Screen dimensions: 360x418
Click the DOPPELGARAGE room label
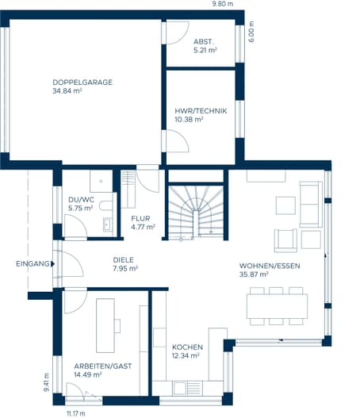(82, 82)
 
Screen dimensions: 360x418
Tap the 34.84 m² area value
(67, 90)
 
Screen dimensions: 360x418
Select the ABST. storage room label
(204, 41)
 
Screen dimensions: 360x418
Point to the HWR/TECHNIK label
(201, 111)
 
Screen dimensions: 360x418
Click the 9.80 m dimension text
(223, 4)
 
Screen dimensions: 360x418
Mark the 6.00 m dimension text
(251, 32)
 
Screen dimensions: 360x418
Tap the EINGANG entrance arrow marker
(53, 264)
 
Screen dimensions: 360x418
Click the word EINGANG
(33, 264)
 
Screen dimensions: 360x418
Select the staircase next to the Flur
(196, 212)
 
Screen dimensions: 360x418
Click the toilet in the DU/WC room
(106, 205)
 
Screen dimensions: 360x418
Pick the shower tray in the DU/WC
(101, 181)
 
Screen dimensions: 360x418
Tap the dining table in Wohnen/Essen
(277, 306)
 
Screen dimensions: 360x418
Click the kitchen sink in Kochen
(180, 388)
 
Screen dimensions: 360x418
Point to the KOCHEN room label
(187, 347)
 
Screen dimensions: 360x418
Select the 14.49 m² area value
(88, 374)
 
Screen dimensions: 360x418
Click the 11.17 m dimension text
(76, 414)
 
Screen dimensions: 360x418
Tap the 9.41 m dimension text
(46, 382)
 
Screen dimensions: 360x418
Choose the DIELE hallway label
(124, 260)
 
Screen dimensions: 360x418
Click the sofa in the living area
(311, 205)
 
